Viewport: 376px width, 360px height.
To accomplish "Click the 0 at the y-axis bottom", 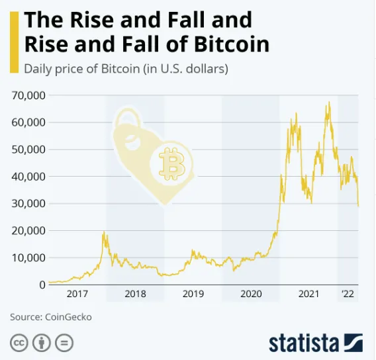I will click(x=42, y=285).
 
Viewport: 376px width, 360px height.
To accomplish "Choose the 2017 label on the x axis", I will click(x=77, y=294).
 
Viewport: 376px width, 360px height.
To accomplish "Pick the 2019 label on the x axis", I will click(x=193, y=294).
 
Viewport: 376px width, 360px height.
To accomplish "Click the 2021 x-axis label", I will click(x=308, y=294).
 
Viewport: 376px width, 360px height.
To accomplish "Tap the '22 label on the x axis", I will click(x=348, y=294).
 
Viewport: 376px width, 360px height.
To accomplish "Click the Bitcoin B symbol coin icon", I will click(x=173, y=163).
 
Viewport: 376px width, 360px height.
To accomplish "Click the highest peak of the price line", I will click(x=328, y=103).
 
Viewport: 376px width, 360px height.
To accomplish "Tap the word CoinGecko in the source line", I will click(x=69, y=317).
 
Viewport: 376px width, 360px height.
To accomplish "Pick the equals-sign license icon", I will click(x=64, y=343).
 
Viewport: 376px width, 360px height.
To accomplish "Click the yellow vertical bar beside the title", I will click(x=13, y=41).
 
